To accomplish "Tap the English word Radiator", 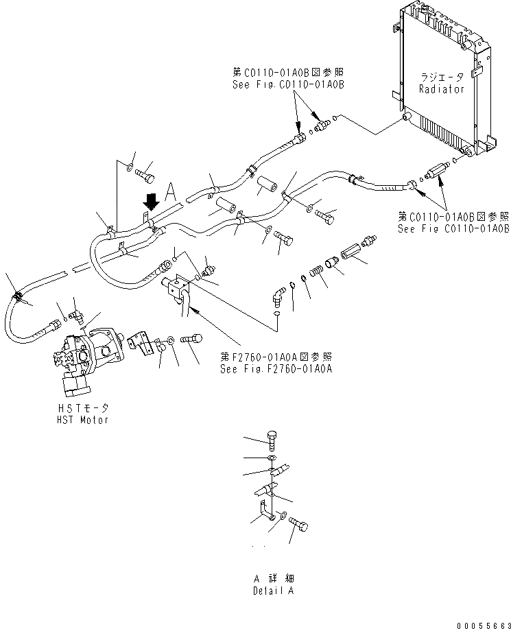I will point(441,89).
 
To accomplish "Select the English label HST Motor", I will point(83,420).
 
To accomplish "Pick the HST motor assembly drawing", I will point(86,357).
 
